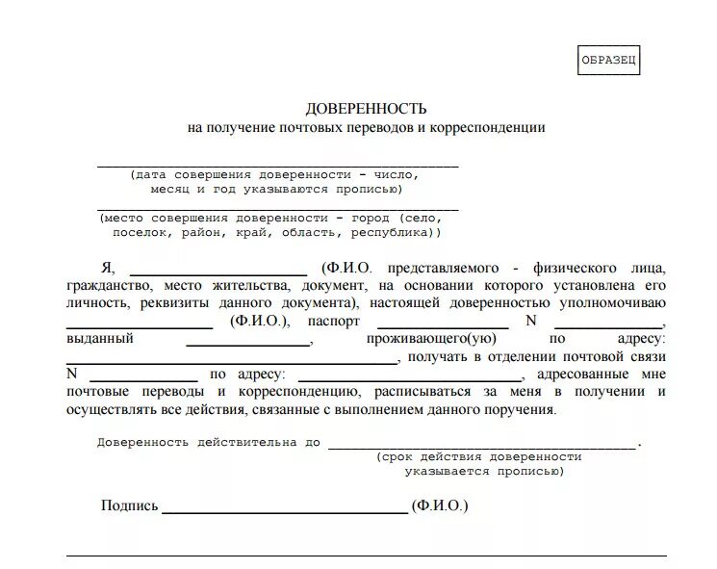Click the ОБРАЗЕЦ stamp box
tap(608, 61)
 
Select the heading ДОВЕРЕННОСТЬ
tap(366, 108)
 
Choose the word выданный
tap(100, 339)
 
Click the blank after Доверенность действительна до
tap(481, 447)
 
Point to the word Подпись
tap(129, 505)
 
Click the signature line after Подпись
tap(285, 511)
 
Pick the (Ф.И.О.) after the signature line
tap(439, 505)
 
